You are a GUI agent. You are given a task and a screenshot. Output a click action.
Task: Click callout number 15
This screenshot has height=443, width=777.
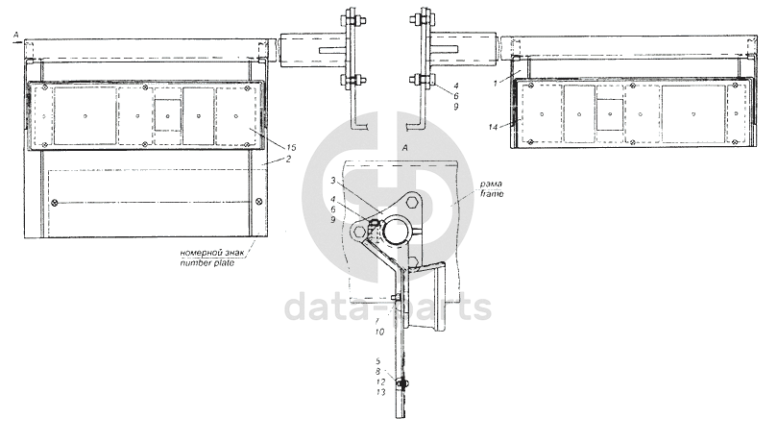(x=291, y=147)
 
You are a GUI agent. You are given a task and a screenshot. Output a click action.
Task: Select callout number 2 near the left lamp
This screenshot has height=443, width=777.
(x=288, y=160)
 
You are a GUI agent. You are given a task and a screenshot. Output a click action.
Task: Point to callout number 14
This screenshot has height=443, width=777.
(x=493, y=128)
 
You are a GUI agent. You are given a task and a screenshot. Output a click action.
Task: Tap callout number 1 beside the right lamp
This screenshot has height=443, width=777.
(x=495, y=84)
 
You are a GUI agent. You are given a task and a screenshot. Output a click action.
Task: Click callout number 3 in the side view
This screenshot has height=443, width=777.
(x=333, y=181)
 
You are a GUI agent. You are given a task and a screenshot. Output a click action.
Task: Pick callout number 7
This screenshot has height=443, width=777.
(x=377, y=321)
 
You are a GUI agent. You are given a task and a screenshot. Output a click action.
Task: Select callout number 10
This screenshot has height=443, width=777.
(x=379, y=332)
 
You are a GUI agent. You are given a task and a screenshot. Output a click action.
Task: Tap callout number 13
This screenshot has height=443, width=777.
(x=380, y=392)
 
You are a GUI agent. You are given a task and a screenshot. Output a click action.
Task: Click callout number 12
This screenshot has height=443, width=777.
(x=380, y=382)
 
